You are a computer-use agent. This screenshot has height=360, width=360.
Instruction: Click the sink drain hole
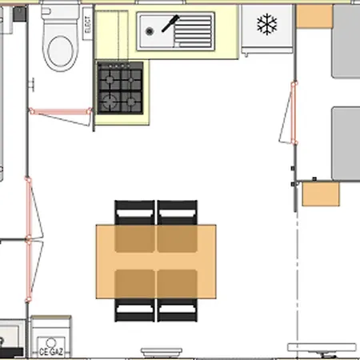(150, 30)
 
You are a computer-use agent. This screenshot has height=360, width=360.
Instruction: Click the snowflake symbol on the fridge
(266, 25)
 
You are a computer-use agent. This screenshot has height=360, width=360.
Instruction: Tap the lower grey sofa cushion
(346, 142)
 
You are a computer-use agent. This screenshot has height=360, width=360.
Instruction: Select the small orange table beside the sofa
(322, 193)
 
